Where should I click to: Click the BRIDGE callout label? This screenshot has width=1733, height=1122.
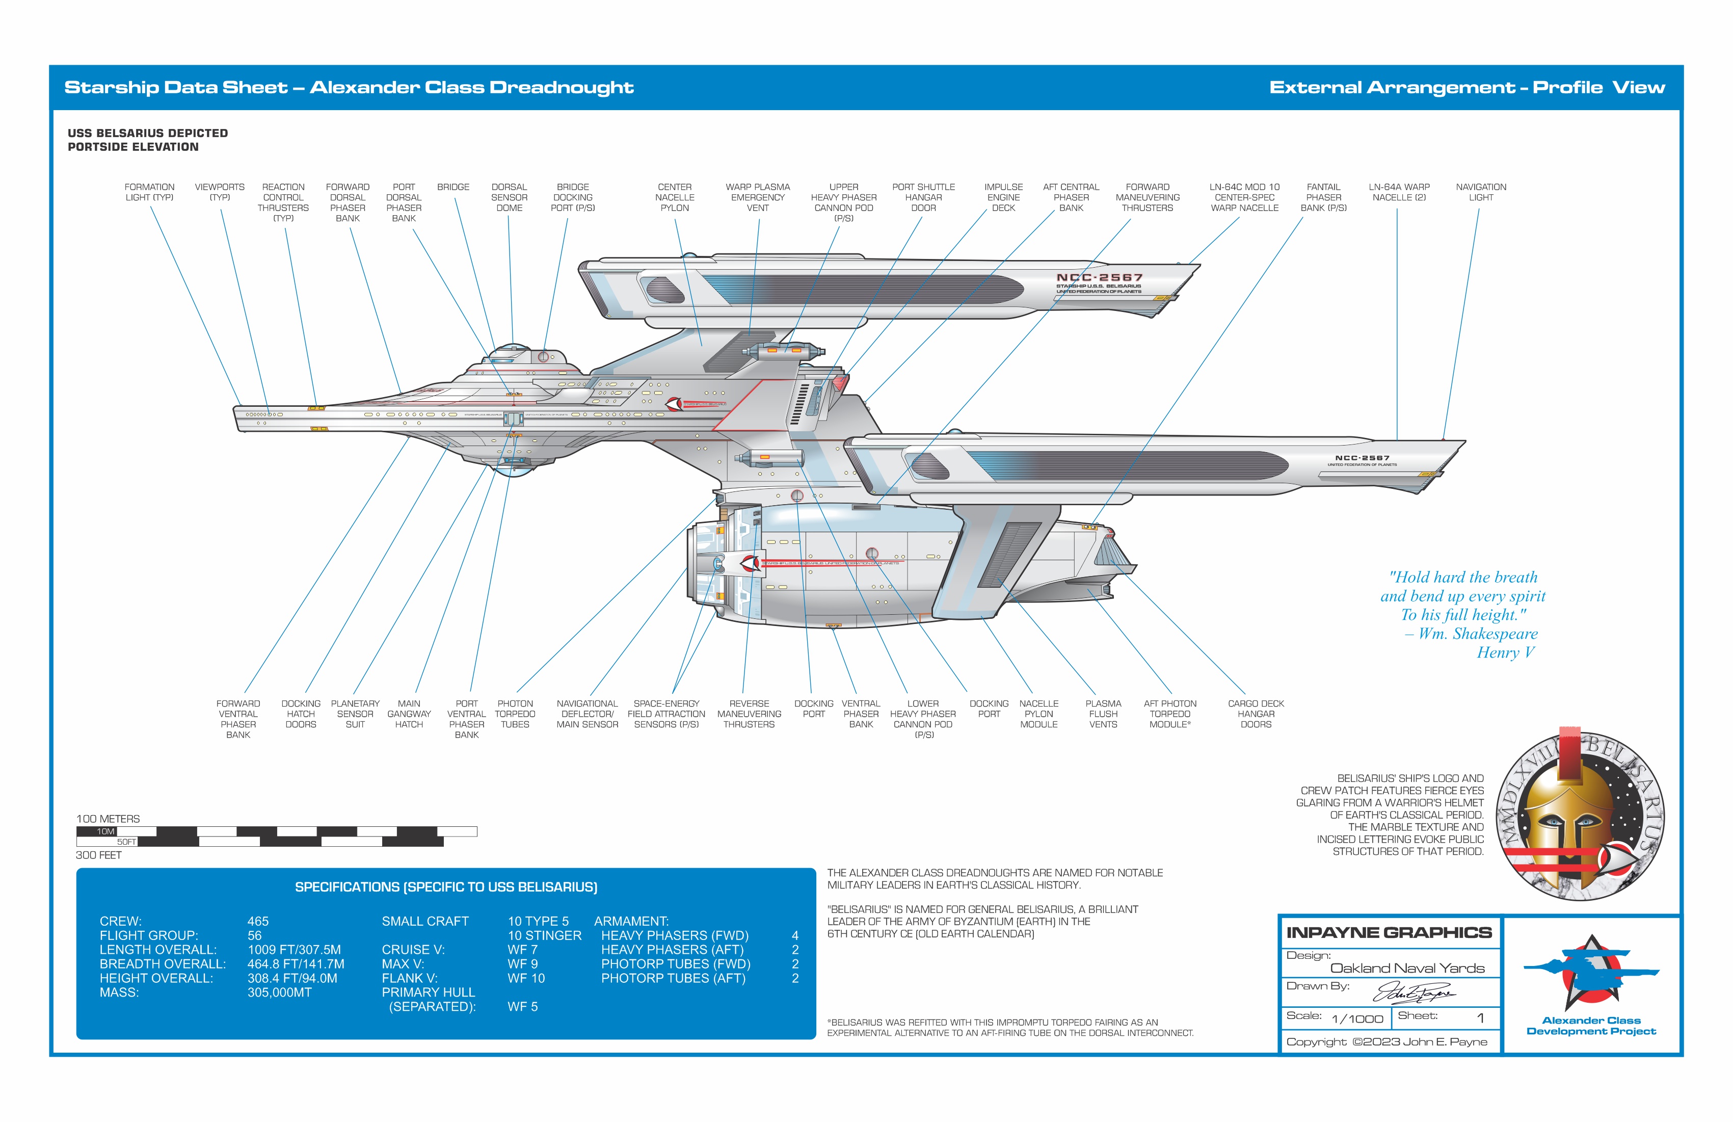(453, 187)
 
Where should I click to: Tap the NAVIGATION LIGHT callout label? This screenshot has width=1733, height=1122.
(1480, 192)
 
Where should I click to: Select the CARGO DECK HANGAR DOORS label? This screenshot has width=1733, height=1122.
(1256, 714)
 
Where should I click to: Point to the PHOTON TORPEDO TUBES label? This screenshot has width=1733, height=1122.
(515, 714)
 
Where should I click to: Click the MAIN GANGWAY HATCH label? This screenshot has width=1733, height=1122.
(409, 714)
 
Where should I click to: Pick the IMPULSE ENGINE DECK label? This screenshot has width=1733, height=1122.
(1003, 197)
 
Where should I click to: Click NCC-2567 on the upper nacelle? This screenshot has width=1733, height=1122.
(1100, 278)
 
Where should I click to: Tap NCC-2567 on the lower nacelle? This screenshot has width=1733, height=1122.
(1362, 458)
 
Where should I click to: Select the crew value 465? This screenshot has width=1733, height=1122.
(258, 922)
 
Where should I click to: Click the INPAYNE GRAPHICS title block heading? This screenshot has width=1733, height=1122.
(1389, 933)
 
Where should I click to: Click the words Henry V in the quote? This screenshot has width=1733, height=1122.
(1505, 653)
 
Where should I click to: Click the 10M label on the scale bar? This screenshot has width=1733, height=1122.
(105, 832)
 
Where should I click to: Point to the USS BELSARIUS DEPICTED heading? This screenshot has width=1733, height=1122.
(148, 134)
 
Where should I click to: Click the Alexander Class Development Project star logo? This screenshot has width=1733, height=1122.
(1591, 973)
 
